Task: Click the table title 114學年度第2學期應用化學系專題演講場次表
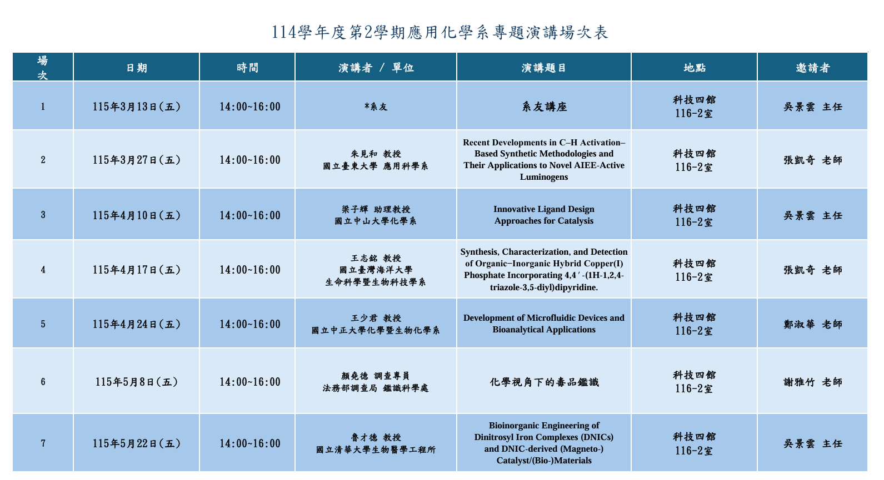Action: [440, 32]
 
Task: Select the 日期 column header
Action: [137, 68]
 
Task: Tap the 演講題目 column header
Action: [544, 68]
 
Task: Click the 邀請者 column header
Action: [812, 68]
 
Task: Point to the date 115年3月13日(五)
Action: [137, 107]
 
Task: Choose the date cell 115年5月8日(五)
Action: [137, 382]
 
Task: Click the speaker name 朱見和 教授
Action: [376, 154]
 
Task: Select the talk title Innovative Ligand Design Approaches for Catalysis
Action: [544, 215]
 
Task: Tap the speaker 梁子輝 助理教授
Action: [376, 209]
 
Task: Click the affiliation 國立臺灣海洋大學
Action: [376, 270]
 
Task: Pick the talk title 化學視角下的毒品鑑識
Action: [544, 382]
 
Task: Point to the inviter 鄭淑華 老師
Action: [812, 324]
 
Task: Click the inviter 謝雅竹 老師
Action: [812, 382]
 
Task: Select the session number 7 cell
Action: [43, 443]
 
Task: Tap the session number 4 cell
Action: [43, 270]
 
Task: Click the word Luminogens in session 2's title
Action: [544, 177]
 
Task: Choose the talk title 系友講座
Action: [544, 107]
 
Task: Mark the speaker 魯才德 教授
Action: [376, 437]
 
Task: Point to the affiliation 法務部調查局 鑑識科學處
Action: [376, 388]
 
